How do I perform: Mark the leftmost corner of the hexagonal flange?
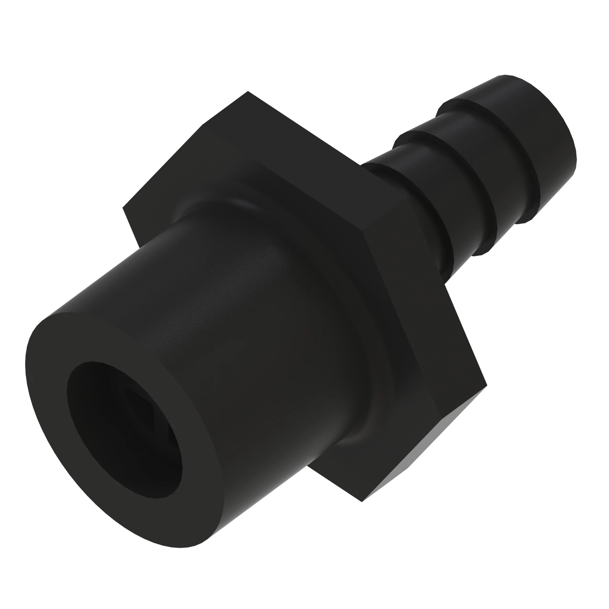point(123,208)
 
